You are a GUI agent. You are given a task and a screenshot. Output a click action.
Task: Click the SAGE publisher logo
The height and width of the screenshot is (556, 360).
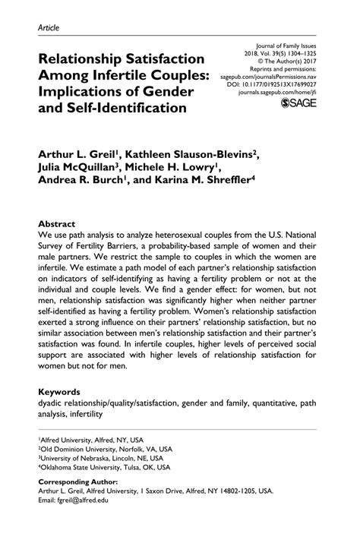[299, 103]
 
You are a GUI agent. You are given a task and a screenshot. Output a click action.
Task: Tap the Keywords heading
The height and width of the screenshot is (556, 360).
[62, 391]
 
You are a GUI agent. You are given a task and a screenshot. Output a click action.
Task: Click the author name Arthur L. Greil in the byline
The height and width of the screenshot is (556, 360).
[78, 153]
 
